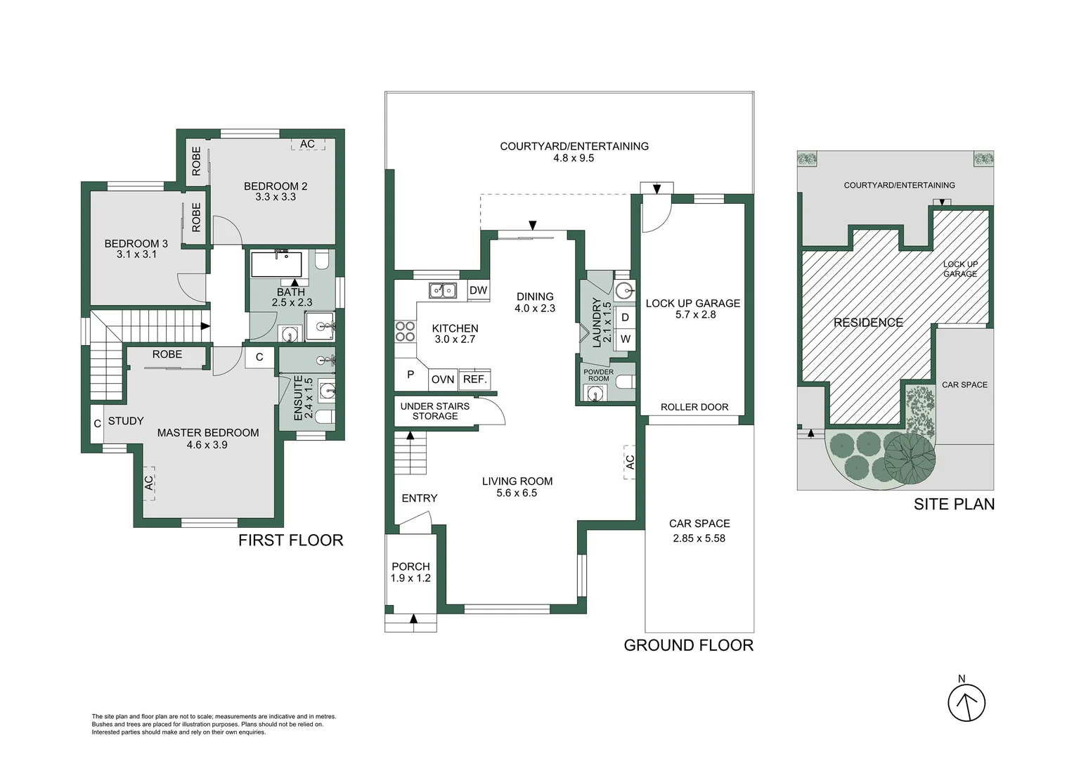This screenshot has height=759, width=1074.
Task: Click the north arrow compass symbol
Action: [x=966, y=702]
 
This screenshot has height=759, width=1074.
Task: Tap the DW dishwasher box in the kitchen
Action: [x=478, y=291]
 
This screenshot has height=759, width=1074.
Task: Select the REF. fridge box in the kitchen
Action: [x=475, y=379]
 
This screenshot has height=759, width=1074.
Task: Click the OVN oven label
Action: [x=443, y=379]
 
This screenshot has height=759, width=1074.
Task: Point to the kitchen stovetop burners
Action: [x=405, y=331]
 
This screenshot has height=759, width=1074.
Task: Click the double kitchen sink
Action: [x=443, y=290]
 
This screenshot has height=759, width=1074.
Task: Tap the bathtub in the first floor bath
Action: [x=276, y=264]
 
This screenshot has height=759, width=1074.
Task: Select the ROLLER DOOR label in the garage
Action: [x=694, y=407]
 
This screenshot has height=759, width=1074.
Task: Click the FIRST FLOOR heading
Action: [x=290, y=540]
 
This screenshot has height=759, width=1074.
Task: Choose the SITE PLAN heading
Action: [x=954, y=504]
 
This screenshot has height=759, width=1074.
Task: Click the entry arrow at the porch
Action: [x=413, y=619]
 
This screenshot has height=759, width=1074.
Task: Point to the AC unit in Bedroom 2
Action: [x=307, y=144]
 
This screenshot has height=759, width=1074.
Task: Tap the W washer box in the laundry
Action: [x=625, y=339]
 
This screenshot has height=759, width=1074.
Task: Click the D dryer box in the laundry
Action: [x=625, y=318]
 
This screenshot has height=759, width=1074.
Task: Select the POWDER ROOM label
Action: [x=598, y=375]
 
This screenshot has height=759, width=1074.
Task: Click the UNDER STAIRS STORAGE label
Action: [x=434, y=411]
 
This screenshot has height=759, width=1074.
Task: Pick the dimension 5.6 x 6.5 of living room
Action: [x=517, y=493]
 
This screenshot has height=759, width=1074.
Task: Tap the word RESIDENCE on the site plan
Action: [x=868, y=323]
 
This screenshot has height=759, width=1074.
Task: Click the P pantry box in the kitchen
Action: [x=410, y=375]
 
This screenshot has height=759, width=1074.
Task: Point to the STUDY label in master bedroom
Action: [x=126, y=421]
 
